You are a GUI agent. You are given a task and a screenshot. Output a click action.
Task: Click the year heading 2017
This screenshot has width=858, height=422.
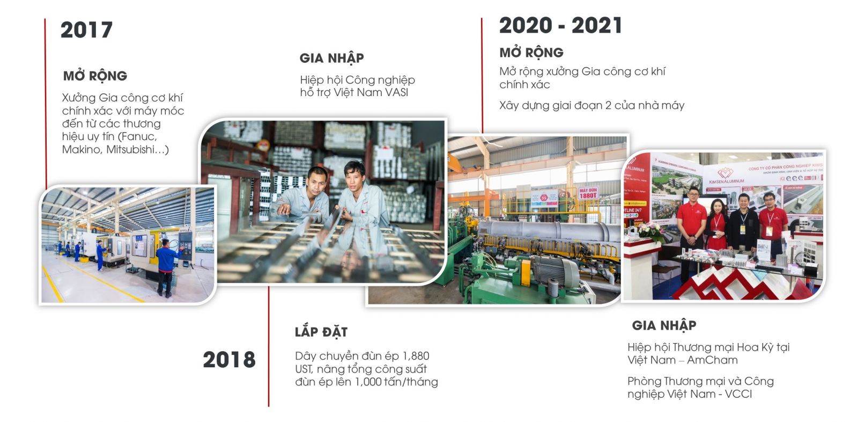coord(86,30)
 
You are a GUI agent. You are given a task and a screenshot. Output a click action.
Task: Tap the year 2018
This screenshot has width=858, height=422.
coord(229,360)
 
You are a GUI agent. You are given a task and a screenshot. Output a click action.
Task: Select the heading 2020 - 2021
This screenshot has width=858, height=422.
coord(560,26)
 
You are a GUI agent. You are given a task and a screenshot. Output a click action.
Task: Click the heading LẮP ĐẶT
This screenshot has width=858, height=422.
coord(321,332)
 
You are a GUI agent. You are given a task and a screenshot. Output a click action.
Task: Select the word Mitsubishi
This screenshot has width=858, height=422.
coord(130,150)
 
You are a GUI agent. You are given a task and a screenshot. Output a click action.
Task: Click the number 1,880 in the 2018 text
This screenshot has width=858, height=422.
coord(416,356)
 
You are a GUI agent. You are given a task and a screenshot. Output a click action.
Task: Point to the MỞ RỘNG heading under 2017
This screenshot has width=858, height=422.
coord(95,76)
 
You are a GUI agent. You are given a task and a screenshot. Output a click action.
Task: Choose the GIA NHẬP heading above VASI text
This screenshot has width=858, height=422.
coord(332,59)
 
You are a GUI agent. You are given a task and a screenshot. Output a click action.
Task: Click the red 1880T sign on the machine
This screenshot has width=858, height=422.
coord(588,193)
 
